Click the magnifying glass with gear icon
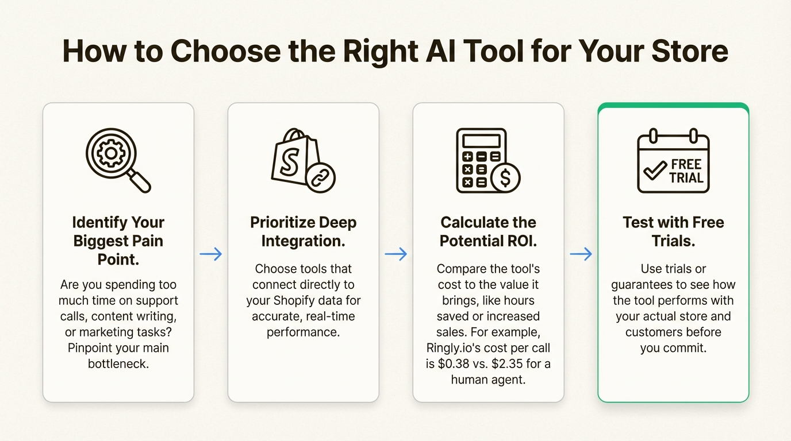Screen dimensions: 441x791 tap(117, 160)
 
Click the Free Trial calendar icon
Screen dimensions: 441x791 tap(673, 161)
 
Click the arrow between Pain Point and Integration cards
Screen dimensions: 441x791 tap(211, 254)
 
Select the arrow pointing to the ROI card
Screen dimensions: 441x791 tap(396, 254)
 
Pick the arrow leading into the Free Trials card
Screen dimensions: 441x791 tap(581, 254)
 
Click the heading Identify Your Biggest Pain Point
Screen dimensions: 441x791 tap(118, 241)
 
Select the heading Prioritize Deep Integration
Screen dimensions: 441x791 tap(304, 231)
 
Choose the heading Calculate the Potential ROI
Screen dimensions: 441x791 tap(489, 231)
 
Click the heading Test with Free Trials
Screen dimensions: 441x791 tap(674, 231)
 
